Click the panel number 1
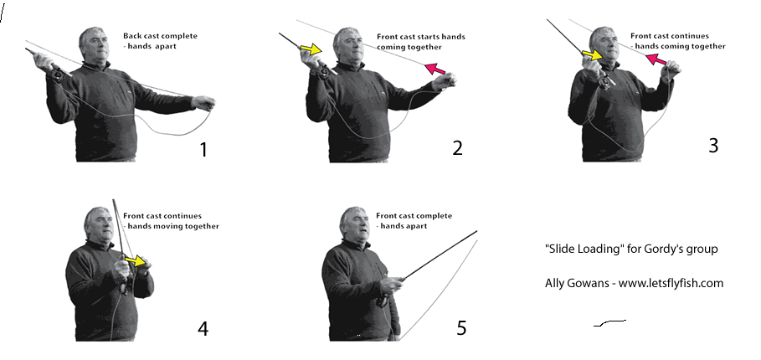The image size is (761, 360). point(203,150)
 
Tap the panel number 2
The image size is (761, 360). point(457,148)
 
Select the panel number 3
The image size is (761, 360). point(713,145)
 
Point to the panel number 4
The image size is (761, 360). point(203,329)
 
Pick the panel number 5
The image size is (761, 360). point(461,328)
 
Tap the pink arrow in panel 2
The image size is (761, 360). point(435,69)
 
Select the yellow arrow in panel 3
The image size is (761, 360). point(592,55)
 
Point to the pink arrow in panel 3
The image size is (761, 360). point(656,60)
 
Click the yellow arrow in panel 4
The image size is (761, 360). point(136,261)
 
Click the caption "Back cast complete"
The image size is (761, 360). point(160,36)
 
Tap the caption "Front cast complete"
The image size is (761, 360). point(414,216)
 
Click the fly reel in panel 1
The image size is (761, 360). point(57,75)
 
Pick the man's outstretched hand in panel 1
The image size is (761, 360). point(203,103)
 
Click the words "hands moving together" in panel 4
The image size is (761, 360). point(173,226)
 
